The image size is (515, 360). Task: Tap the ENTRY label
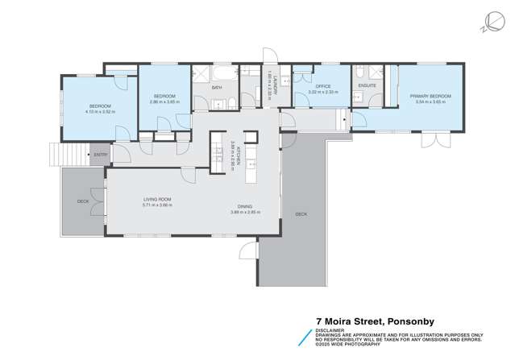[x=100, y=155]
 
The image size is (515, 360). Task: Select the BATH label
[x=216, y=87]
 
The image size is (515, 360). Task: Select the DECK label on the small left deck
[x=82, y=201]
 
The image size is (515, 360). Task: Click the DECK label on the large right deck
[x=301, y=214]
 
